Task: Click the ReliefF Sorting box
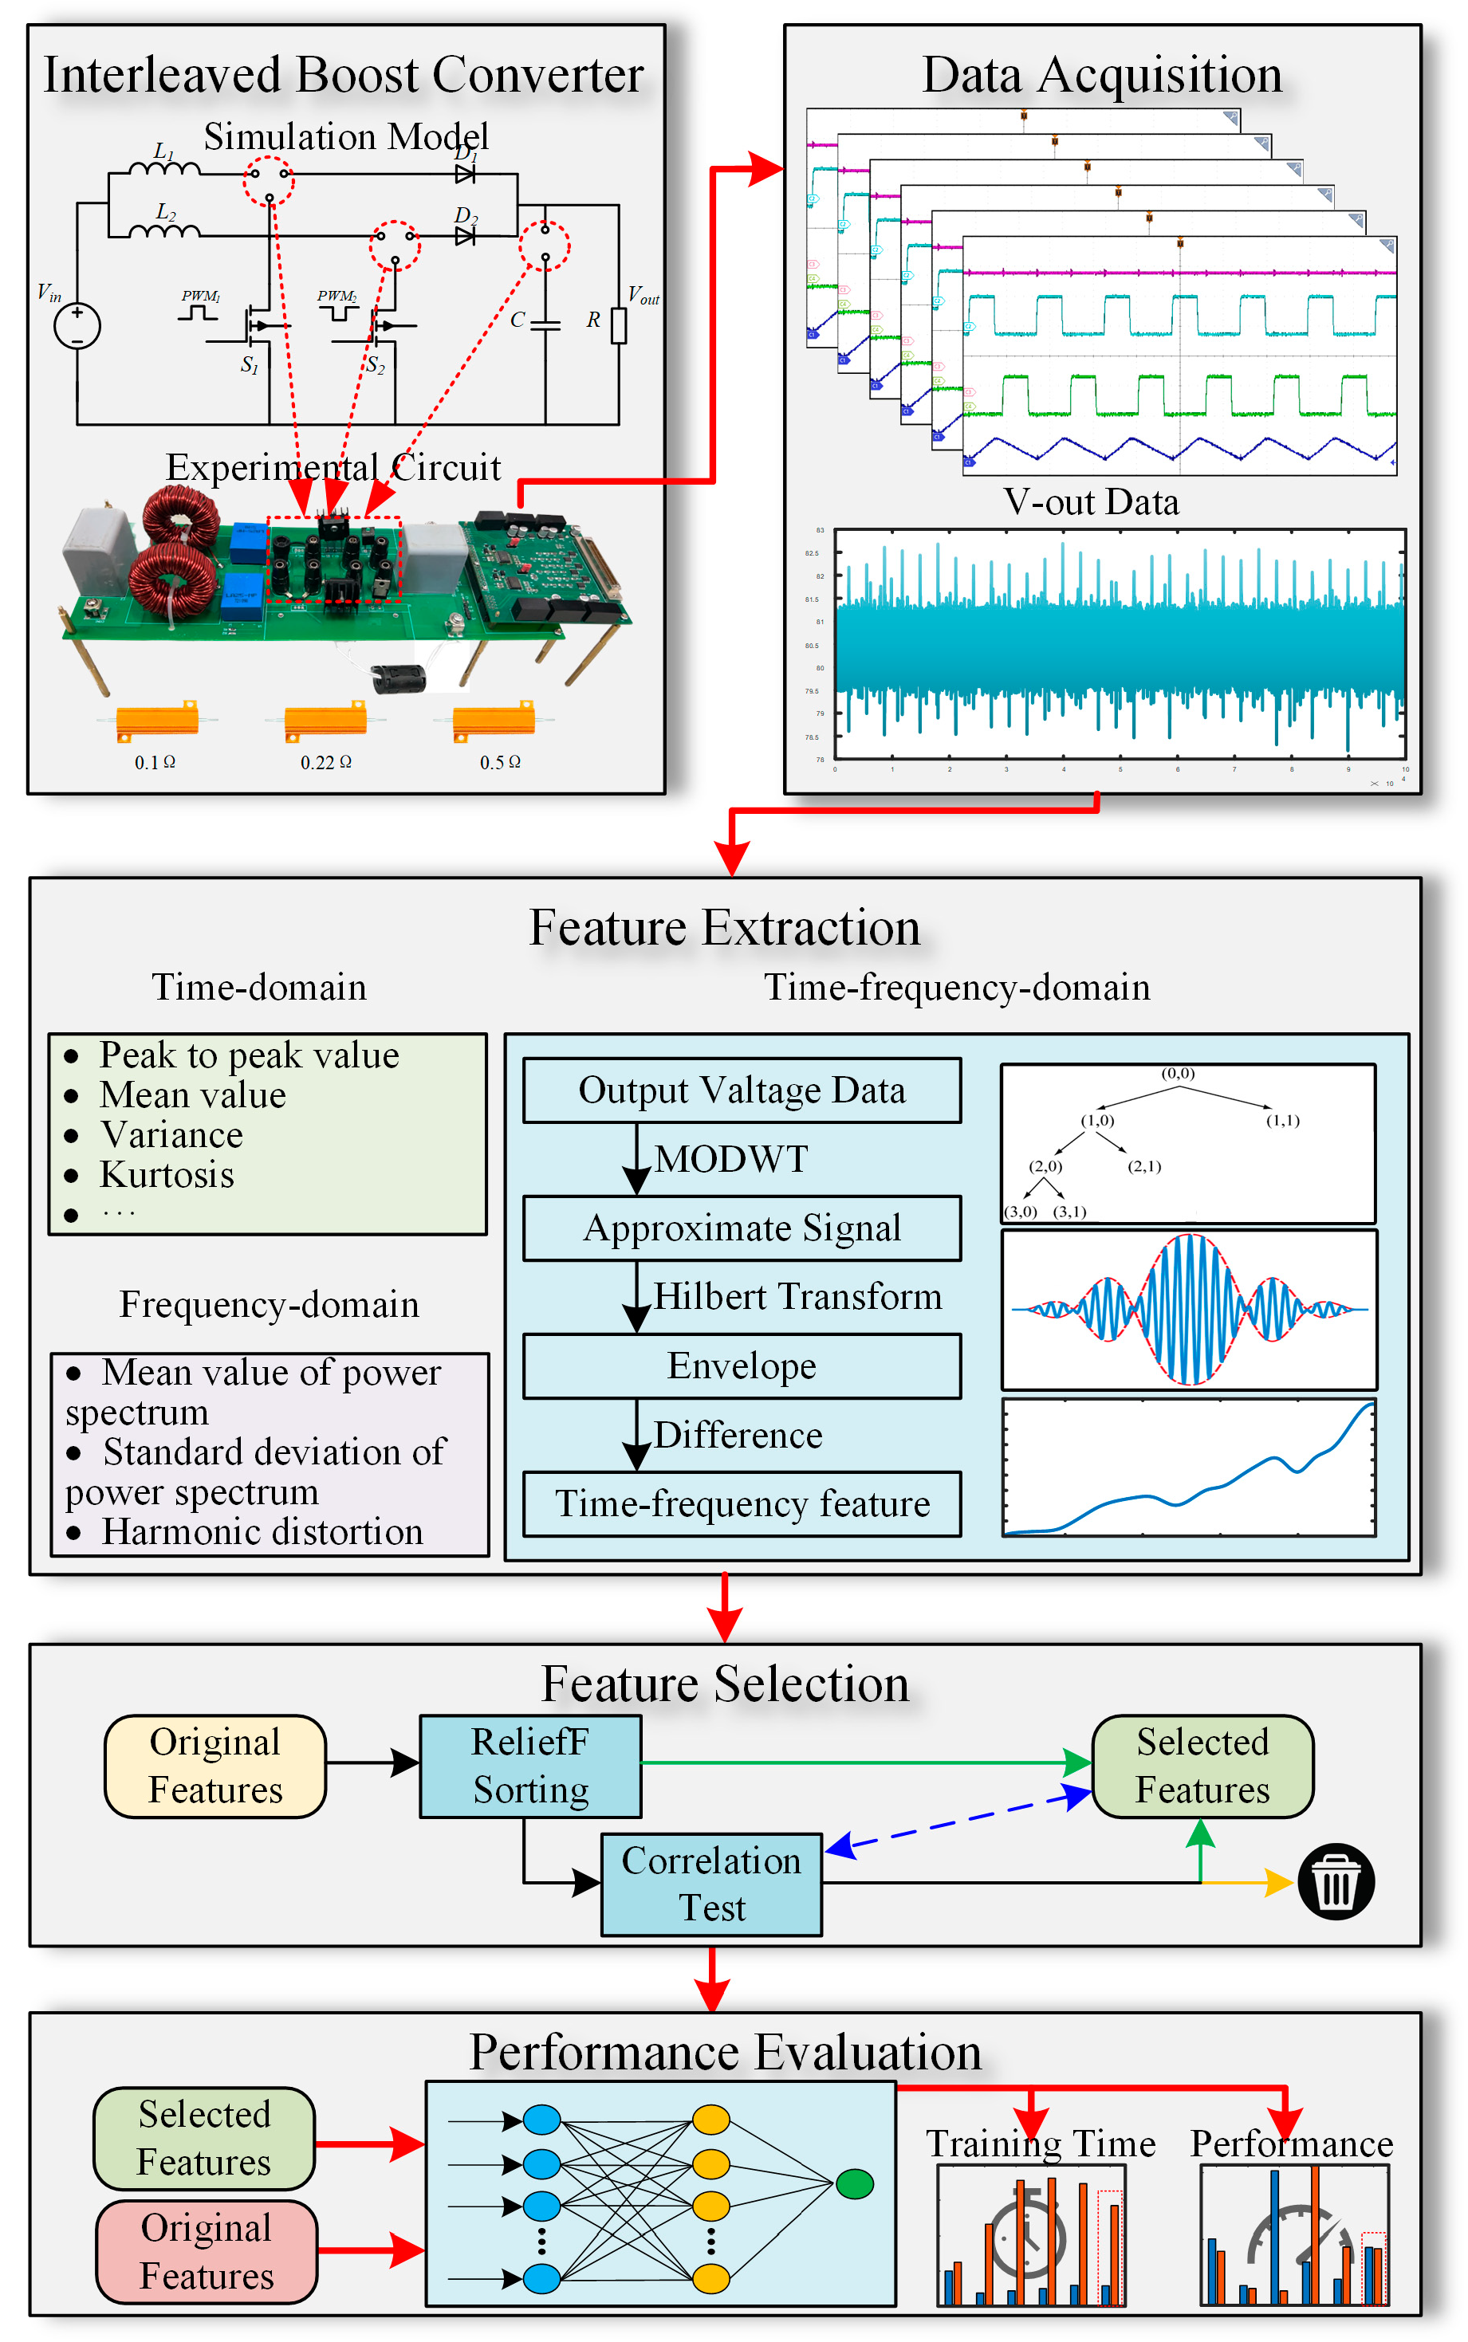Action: point(530,1766)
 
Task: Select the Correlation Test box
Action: point(710,1884)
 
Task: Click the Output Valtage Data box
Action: point(742,1090)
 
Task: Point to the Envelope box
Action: point(742,1366)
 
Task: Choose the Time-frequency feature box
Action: point(742,1503)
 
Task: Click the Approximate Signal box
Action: point(742,1228)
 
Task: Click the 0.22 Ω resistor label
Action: point(325,763)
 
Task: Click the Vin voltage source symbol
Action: point(77,326)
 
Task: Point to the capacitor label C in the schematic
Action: point(518,320)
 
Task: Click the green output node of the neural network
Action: point(854,2184)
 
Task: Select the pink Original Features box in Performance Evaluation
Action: point(206,2252)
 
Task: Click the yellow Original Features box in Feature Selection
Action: point(214,1766)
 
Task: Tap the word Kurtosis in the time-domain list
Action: point(167,1175)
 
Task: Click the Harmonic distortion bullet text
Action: point(262,1531)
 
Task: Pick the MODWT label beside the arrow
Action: point(730,1159)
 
